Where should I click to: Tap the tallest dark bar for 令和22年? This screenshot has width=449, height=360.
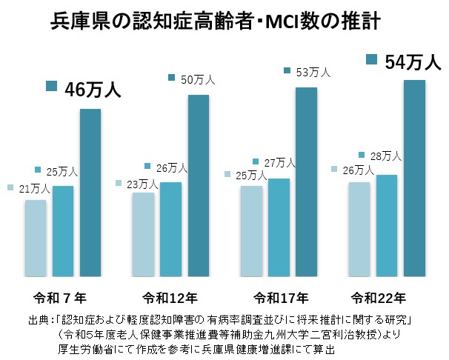(413, 178)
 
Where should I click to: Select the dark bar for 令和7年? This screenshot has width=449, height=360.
(90, 193)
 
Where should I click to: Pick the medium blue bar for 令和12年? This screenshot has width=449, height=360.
(170, 230)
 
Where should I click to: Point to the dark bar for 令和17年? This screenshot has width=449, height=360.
(306, 182)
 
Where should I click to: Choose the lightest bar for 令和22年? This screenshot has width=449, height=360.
(359, 230)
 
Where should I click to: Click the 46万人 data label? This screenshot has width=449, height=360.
(92, 90)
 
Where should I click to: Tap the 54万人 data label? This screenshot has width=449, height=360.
(413, 62)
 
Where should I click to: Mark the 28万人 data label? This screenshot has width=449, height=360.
(385, 156)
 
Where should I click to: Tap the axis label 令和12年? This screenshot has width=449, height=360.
(171, 299)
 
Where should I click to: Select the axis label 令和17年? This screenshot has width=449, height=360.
(281, 299)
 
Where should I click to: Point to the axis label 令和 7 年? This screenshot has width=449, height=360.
(61, 299)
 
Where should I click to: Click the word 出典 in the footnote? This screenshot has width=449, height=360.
(36, 319)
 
